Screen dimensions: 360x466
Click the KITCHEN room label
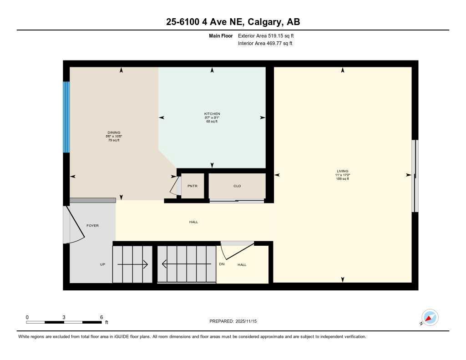pyautogui.click(x=212, y=114)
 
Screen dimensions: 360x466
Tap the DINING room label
pyautogui.click(x=114, y=133)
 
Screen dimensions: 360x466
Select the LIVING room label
pyautogui.click(x=342, y=172)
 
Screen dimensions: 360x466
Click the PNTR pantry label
pyautogui.click(x=192, y=186)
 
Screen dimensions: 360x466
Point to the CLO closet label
pyautogui.click(x=237, y=186)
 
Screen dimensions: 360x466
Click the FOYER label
pyautogui.click(x=92, y=226)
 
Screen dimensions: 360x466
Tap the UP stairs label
pyautogui.click(x=103, y=264)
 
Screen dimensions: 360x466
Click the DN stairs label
pyautogui.click(x=222, y=264)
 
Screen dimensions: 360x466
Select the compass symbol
pyautogui.click(x=430, y=318)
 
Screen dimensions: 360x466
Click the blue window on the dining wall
pyautogui.click(x=66, y=117)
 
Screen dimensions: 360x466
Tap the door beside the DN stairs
pyautogui.click(x=236, y=249)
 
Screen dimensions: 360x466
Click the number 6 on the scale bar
pyautogui.click(x=101, y=317)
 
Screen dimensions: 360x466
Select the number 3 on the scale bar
pyautogui.click(x=64, y=317)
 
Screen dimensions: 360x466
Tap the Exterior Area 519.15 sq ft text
pyautogui.click(x=269, y=35)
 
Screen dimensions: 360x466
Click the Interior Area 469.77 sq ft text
pyautogui.click(x=265, y=44)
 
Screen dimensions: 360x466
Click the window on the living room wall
pyautogui.click(x=414, y=176)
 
